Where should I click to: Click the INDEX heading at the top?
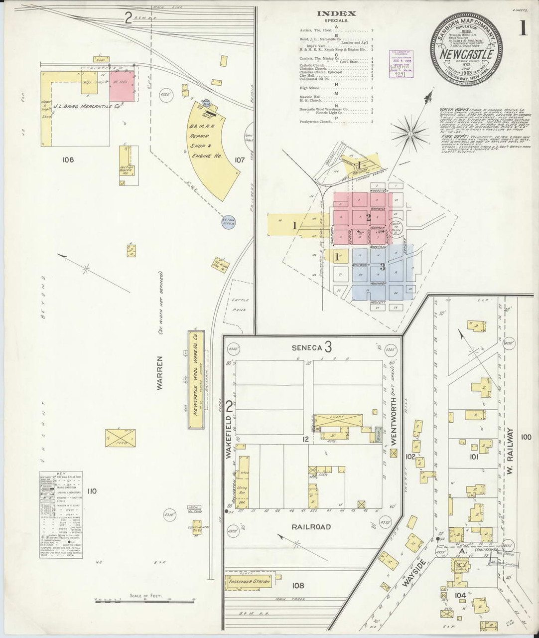click(x=337, y=14)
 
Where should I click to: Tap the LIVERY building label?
click(x=337, y=417)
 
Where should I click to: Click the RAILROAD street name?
click(x=311, y=527)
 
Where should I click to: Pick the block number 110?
click(x=91, y=491)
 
